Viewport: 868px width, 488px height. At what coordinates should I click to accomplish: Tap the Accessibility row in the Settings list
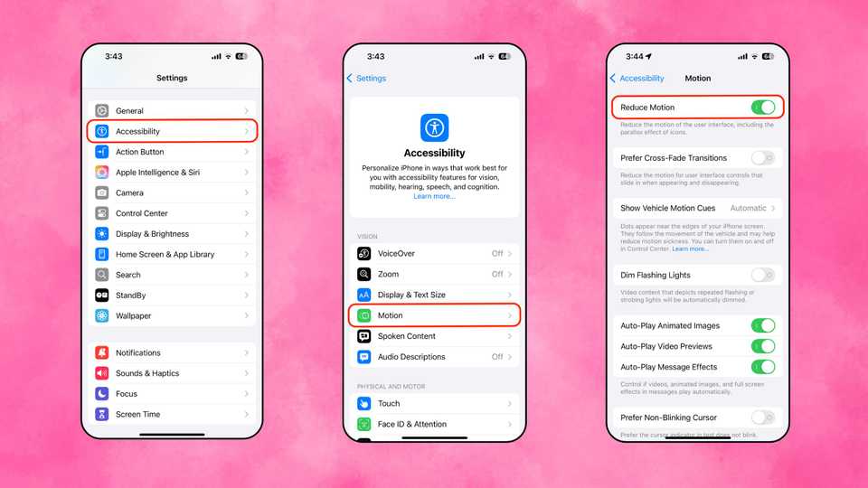(172, 131)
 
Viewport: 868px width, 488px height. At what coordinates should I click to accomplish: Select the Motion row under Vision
(434, 315)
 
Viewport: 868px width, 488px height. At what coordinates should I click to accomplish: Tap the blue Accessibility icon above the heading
(434, 127)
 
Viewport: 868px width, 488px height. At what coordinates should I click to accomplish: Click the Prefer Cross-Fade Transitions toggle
(762, 158)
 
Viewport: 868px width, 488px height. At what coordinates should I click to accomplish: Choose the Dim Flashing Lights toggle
(762, 275)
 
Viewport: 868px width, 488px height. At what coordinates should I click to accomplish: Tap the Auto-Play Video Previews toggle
(762, 346)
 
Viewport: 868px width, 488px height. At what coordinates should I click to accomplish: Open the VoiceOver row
(434, 254)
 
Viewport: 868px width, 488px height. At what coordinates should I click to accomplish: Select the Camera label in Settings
(129, 192)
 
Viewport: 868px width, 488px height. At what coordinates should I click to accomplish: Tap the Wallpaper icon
(102, 315)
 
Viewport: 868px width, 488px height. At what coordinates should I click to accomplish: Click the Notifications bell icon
(102, 352)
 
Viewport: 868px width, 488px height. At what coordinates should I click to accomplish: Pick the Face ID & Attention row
(434, 424)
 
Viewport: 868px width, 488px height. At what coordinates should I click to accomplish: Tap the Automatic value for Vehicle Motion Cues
(748, 208)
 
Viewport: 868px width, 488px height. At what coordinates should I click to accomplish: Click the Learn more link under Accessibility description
(434, 196)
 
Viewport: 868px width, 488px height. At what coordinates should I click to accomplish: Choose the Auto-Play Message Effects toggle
(762, 367)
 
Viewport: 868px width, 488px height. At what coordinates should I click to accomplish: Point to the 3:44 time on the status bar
(637, 56)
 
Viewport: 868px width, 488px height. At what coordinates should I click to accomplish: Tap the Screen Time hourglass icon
(102, 414)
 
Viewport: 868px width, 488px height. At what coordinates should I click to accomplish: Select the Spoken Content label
(406, 336)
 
